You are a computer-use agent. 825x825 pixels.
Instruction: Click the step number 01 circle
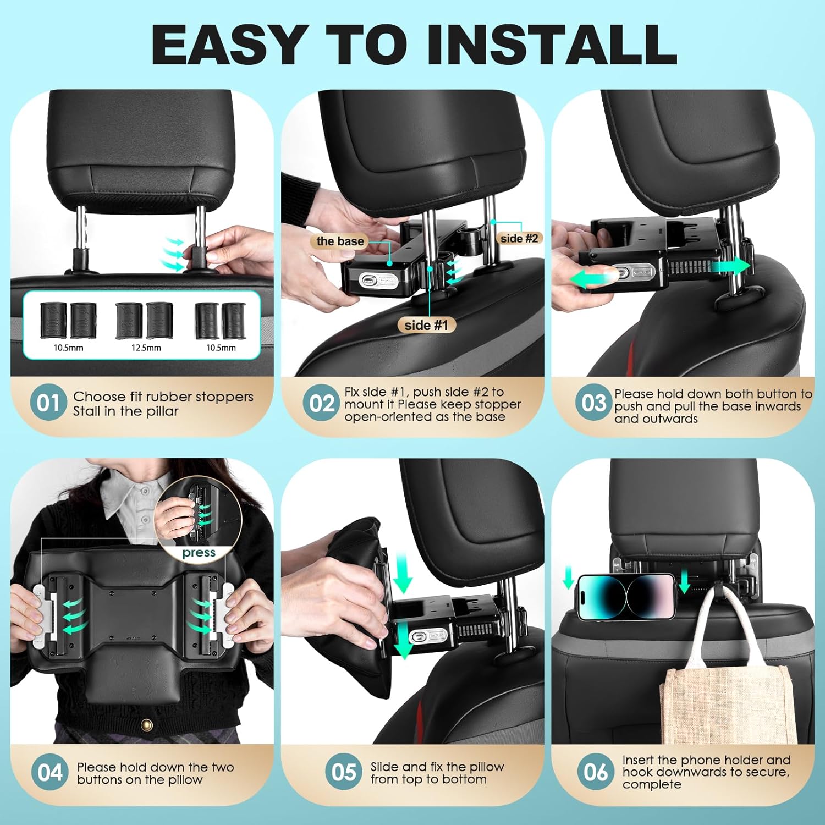[x=48, y=403]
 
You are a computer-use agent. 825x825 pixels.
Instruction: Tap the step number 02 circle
[x=321, y=403]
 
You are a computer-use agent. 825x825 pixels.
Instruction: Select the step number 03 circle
[x=594, y=403]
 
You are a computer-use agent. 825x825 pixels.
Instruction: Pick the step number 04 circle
[x=50, y=772]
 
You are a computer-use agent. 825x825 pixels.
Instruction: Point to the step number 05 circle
[x=344, y=772]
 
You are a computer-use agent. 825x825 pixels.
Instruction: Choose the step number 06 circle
[x=596, y=772]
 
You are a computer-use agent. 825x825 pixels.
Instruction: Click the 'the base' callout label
[x=340, y=241]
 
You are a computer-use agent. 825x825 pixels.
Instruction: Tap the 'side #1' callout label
[x=426, y=325]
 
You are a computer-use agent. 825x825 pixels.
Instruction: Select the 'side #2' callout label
[x=519, y=238]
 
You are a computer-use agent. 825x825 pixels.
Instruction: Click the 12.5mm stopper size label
[x=146, y=348]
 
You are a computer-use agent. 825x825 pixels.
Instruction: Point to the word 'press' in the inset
[x=199, y=553]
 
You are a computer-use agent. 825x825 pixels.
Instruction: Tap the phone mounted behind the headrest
[x=626, y=596]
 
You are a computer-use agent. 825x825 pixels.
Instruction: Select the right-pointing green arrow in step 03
[x=730, y=267]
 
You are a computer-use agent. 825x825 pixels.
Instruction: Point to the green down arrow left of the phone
[x=568, y=579]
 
